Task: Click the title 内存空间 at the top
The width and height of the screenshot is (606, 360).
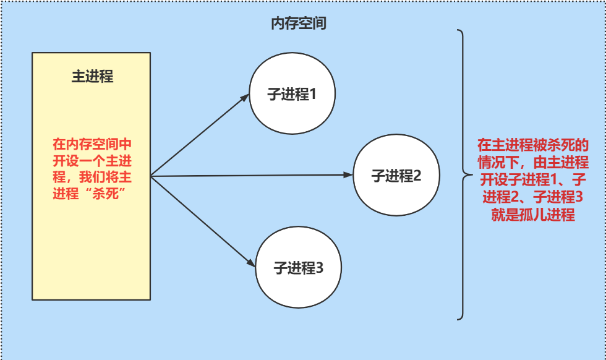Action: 299,24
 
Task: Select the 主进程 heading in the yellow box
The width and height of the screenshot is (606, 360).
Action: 92,77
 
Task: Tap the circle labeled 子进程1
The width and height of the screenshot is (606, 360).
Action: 292,95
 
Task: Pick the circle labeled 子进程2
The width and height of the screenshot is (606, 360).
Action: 396,176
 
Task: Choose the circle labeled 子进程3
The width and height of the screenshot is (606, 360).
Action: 299,268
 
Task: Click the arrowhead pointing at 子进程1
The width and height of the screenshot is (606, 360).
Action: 245,96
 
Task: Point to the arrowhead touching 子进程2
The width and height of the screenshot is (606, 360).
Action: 348,175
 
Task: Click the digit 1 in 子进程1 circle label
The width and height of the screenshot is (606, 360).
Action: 313,95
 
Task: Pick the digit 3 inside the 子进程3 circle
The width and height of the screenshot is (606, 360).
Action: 320,268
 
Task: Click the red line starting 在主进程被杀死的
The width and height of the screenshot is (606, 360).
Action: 533,145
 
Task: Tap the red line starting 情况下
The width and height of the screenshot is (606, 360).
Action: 533,163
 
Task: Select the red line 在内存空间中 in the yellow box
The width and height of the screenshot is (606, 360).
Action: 92,145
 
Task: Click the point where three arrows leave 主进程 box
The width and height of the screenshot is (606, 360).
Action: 151,176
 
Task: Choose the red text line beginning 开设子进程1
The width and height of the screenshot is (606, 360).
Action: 533,180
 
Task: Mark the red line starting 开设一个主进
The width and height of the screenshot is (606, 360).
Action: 92,161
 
